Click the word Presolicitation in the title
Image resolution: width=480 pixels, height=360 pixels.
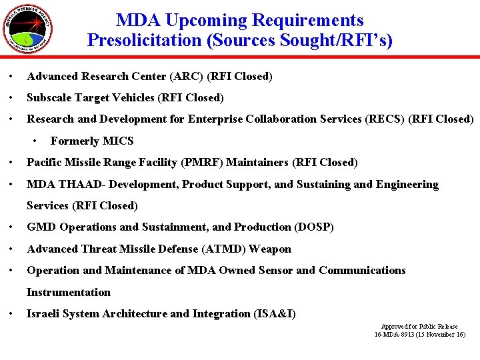pyautogui.click(x=145, y=41)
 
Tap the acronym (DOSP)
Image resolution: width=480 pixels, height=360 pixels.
pyautogui.click(x=313, y=227)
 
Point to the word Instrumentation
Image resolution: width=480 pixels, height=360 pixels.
pyautogui.click(x=68, y=292)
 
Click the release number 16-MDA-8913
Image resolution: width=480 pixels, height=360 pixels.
pyautogui.click(x=397, y=334)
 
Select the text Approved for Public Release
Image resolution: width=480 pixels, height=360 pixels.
pyautogui.click(x=419, y=327)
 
